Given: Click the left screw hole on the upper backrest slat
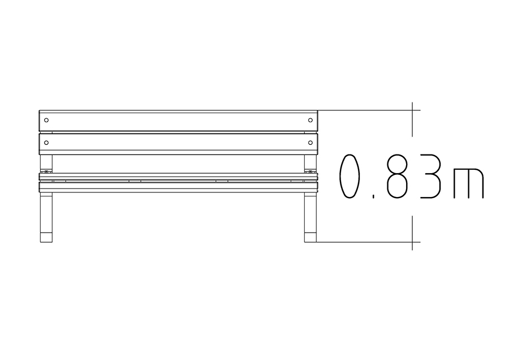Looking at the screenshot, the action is [46, 120].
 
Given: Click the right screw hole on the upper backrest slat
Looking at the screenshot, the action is [310, 120].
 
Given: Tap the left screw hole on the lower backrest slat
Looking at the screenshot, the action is [46, 143].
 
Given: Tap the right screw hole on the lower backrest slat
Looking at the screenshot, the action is [310, 143].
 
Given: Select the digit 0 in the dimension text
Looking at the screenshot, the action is [350, 176].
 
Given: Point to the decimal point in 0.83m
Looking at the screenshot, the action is [374, 196].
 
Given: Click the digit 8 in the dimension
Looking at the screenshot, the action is [397, 176].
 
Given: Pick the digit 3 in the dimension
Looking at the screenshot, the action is [430, 176].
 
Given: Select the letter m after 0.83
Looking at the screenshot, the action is [469, 183].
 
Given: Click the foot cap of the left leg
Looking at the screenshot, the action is [46, 237].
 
